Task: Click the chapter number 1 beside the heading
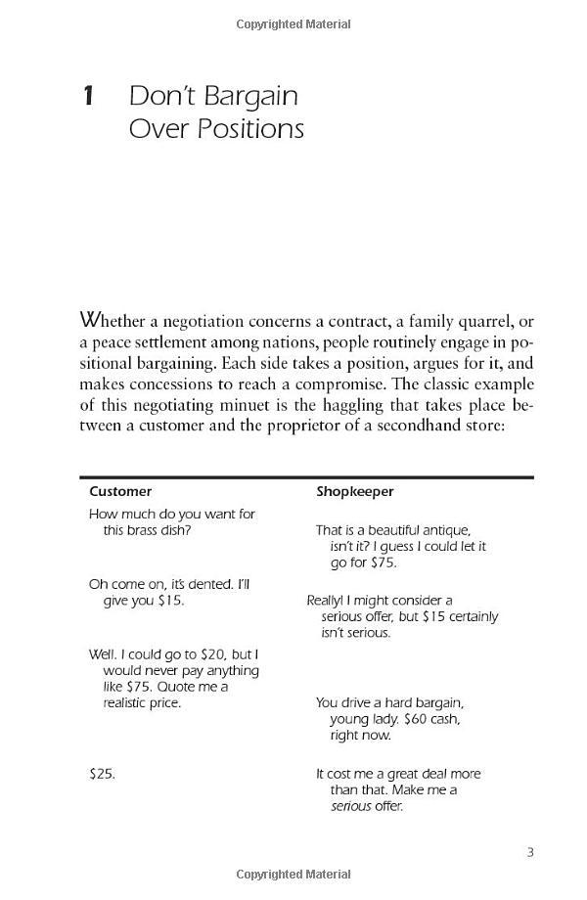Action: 88,96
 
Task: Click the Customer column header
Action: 120,492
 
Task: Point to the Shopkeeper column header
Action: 354,492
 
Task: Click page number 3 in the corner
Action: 530,852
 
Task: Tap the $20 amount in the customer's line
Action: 203,653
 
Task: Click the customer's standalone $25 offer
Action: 102,773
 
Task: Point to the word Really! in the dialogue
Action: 326,600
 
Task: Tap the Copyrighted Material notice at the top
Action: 293,24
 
